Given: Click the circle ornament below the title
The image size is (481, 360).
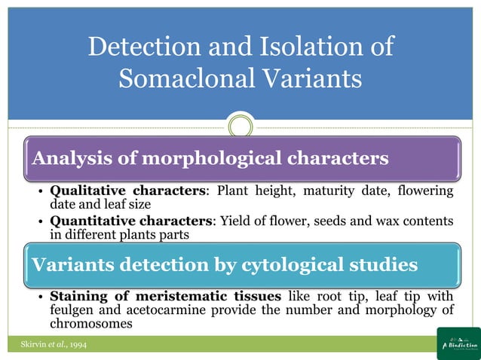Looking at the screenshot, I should [x=240, y=125].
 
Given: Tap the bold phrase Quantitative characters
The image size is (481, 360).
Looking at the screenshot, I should [x=133, y=221].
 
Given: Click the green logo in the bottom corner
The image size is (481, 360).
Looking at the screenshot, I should [x=458, y=343].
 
